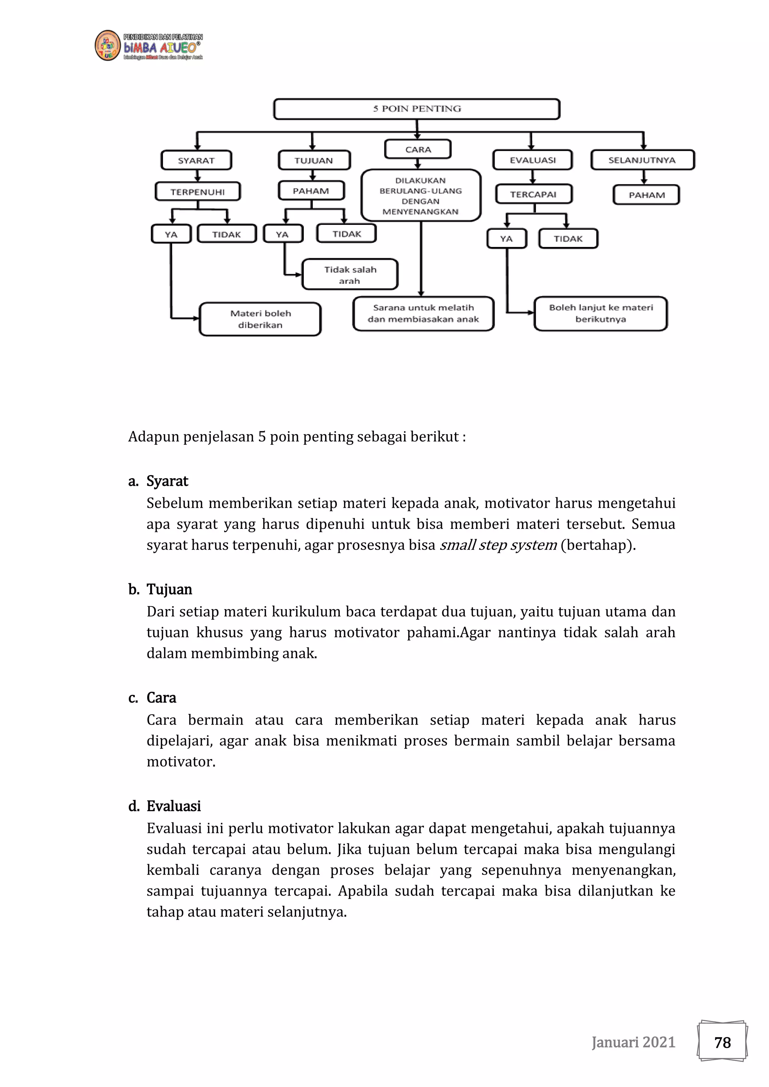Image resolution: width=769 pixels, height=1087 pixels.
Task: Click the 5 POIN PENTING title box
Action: click(417, 109)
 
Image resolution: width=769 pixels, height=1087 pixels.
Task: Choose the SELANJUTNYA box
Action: click(642, 160)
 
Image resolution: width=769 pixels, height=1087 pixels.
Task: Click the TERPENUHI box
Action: click(198, 192)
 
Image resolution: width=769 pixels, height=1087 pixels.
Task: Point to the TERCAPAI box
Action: click(534, 194)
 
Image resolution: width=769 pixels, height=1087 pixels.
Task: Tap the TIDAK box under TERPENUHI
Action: click(226, 234)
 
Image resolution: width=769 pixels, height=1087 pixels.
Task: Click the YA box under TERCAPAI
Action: click(506, 239)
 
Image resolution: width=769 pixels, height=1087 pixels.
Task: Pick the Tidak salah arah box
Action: click(350, 275)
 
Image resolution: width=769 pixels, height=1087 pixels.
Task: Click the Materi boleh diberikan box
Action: click(260, 319)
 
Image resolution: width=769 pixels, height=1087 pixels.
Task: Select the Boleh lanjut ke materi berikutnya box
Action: click(600, 313)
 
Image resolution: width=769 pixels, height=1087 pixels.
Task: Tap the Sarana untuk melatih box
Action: click(423, 313)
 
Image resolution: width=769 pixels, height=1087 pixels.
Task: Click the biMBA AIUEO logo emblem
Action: click(107, 46)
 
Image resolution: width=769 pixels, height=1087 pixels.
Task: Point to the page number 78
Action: click(722, 1042)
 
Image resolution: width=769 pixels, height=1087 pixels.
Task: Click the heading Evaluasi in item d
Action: click(173, 806)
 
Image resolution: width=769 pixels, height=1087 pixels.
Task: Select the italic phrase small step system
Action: click(498, 545)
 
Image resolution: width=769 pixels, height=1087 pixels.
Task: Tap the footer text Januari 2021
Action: click(633, 1042)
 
